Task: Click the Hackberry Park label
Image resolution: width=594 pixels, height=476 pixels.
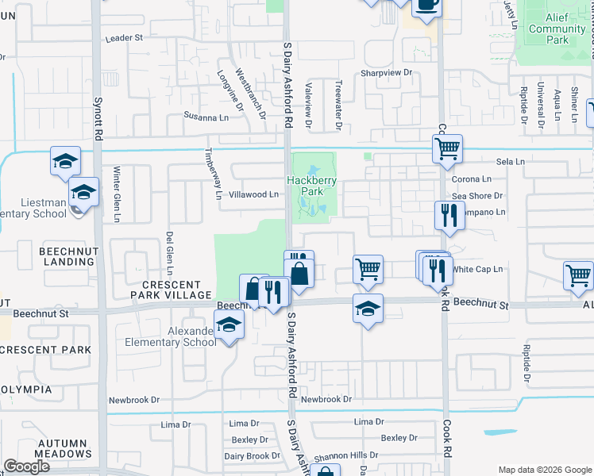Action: pyautogui.click(x=312, y=186)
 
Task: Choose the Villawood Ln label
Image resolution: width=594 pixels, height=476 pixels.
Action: pyautogui.click(x=253, y=194)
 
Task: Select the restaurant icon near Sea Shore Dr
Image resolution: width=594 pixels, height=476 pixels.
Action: pyautogui.click(x=449, y=214)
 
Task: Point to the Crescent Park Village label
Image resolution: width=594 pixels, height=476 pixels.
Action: pyautogui.click(x=178, y=289)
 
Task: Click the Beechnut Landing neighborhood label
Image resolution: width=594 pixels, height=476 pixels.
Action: pyautogui.click(x=69, y=255)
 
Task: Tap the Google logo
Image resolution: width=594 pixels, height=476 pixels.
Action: pyautogui.click(x=26, y=466)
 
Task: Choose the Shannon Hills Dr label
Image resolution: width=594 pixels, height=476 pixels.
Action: pyautogui.click(x=345, y=455)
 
